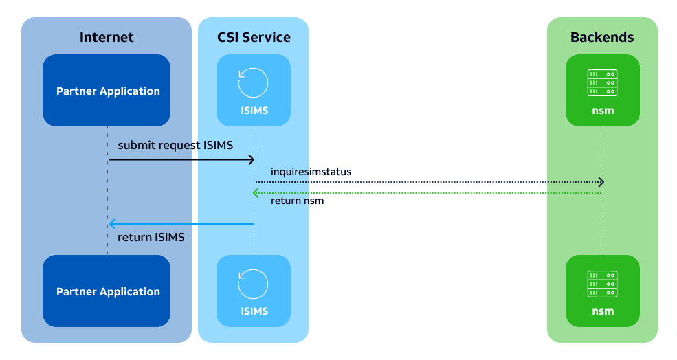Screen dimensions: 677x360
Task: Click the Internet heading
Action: pyautogui.click(x=107, y=38)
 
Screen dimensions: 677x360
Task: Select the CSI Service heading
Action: pyautogui.click(x=254, y=38)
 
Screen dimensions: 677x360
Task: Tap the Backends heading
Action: pyautogui.click(x=602, y=38)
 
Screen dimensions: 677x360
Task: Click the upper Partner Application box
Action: pyautogui.click(x=107, y=90)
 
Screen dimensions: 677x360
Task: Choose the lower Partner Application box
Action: pyautogui.click(x=107, y=291)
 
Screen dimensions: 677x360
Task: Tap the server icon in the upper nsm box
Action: pyautogui.click(x=602, y=82)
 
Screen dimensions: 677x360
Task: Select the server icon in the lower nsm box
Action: pyautogui.click(x=602, y=284)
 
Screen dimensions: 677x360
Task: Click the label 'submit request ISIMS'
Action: pyautogui.click(x=175, y=146)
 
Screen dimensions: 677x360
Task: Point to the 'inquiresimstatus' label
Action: pyautogui.click(x=311, y=172)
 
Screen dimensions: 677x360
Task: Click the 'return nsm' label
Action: pyautogui.click(x=297, y=201)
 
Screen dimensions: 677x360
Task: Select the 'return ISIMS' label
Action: pyautogui.click(x=151, y=237)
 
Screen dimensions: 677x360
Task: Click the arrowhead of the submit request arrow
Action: pyautogui.click(x=252, y=160)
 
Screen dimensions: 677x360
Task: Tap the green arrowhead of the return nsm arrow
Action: pyautogui.click(x=255, y=193)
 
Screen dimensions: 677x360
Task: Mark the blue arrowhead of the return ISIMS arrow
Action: pyautogui.click(x=111, y=224)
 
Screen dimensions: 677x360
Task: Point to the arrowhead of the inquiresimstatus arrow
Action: pyautogui.click(x=601, y=182)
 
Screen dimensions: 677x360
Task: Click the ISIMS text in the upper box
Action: pyautogui.click(x=254, y=111)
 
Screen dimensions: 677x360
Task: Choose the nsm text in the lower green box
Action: pyautogui.click(x=603, y=311)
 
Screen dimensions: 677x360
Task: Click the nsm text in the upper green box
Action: pyautogui.click(x=603, y=111)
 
